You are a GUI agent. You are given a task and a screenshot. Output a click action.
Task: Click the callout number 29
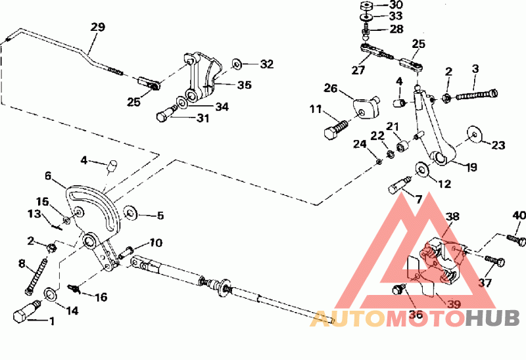click(98, 28)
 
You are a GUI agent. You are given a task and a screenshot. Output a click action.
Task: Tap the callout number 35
click(244, 85)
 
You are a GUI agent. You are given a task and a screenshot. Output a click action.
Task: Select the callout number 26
click(329, 87)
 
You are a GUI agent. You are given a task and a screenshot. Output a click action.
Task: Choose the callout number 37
click(485, 282)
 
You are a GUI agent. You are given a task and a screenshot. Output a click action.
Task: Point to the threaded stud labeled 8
click(30, 276)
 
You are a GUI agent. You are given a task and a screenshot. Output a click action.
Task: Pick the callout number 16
click(100, 297)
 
